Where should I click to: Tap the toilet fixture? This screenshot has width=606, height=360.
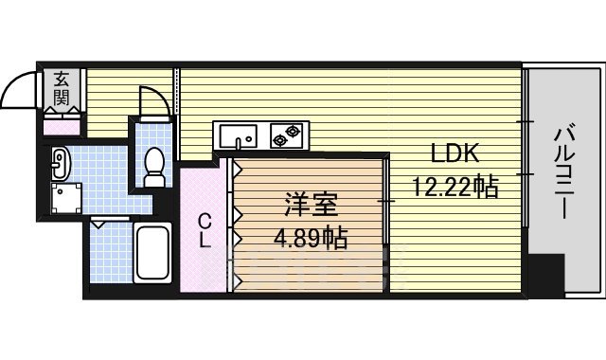coord(153,168)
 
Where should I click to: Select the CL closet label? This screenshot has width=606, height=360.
coord(204,230)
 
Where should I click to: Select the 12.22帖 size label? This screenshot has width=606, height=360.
coord(454,187)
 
